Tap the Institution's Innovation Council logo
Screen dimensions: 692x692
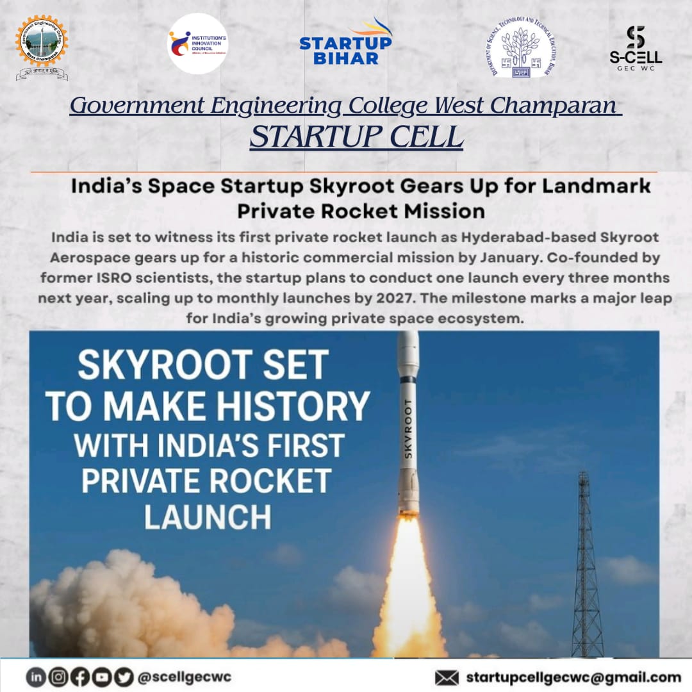(197, 44)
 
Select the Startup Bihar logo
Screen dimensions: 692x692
(345, 44)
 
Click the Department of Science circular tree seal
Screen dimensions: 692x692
(520, 47)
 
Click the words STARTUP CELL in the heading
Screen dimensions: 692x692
(356, 137)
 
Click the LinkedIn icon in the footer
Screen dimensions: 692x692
(35, 677)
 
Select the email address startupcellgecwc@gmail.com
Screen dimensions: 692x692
(573, 677)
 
